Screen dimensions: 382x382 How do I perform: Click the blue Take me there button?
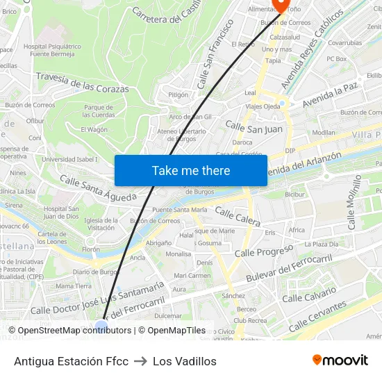[x=190, y=170]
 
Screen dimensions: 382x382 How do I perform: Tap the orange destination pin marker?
[x=281, y=6]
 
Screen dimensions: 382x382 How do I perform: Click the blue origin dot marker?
[x=101, y=324]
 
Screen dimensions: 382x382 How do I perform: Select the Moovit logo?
[x=340, y=360]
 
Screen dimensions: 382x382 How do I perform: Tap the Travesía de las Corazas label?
[x=82, y=83]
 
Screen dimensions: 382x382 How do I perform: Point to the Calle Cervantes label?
[x=317, y=315]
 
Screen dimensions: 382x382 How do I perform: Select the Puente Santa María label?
[x=180, y=209]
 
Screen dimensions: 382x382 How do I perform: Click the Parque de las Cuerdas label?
[x=99, y=110]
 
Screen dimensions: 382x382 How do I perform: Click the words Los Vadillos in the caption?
[x=185, y=361]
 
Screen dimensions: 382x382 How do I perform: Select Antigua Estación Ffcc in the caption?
[x=71, y=361]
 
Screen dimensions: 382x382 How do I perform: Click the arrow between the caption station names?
[x=140, y=361]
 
